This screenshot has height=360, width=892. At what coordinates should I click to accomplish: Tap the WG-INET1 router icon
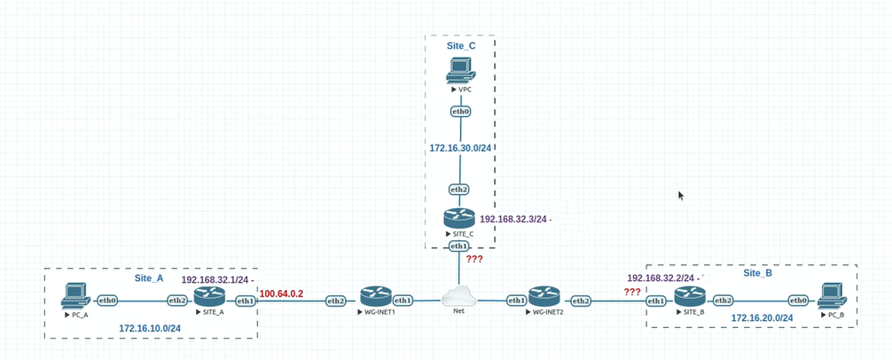(371, 297)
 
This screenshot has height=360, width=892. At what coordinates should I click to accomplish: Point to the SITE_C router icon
(459, 218)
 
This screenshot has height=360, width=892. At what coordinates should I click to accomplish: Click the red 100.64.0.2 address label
(282, 293)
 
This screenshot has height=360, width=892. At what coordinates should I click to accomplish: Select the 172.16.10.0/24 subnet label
(150, 328)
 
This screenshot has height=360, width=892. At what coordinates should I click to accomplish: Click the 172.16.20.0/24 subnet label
(762, 317)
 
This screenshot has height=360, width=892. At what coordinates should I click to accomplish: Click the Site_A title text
(149, 278)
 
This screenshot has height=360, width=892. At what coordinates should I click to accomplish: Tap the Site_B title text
(756, 273)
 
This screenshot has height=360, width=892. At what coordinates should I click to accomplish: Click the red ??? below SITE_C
(475, 258)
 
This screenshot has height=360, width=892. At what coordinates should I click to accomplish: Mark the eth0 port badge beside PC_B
(798, 301)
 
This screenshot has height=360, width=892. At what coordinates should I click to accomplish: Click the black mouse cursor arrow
(681, 195)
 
